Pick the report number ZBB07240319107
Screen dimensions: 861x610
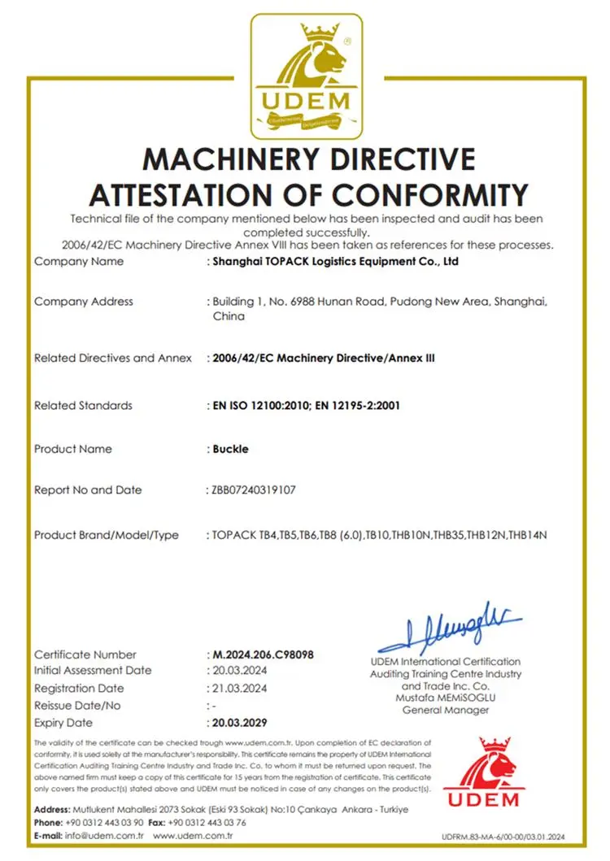(x=253, y=490)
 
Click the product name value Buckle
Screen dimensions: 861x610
(x=230, y=449)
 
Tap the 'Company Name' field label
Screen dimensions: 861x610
(x=79, y=262)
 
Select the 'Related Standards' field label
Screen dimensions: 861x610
(x=83, y=406)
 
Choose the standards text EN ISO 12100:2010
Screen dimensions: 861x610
(x=258, y=406)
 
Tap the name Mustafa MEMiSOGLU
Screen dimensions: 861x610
(x=446, y=698)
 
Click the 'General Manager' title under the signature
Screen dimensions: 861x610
(x=446, y=710)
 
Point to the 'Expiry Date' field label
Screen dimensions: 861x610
(x=63, y=723)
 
